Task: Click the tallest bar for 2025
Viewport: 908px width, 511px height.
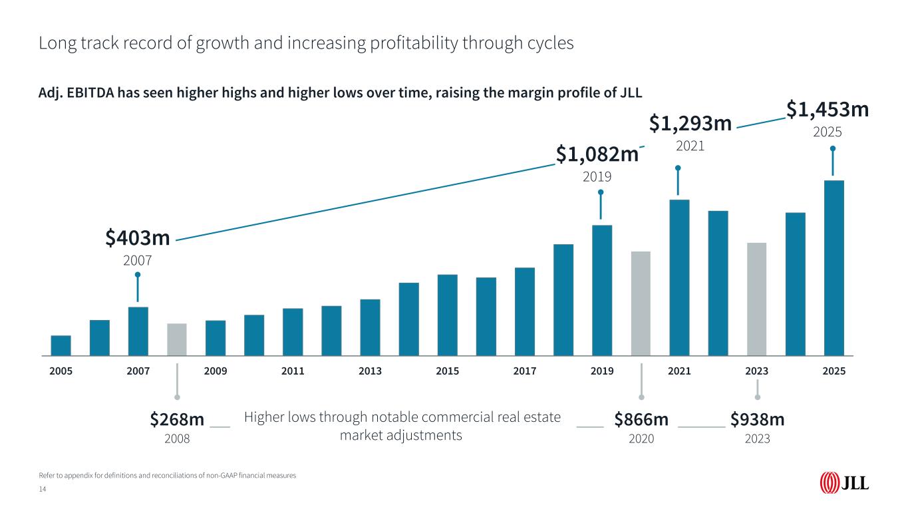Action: pyautogui.click(x=834, y=268)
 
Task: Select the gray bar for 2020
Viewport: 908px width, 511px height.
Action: pyautogui.click(x=641, y=303)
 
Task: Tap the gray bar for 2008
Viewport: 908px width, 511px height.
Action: pyautogui.click(x=177, y=339)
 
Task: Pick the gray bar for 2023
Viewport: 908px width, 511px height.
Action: pyautogui.click(x=757, y=299)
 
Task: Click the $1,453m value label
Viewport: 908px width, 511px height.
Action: pyautogui.click(x=828, y=110)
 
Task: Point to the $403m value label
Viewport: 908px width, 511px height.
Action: pyautogui.click(x=138, y=238)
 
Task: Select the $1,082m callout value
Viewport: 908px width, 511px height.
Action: pyautogui.click(x=597, y=154)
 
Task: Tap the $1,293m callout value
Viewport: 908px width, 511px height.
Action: pyautogui.click(x=690, y=123)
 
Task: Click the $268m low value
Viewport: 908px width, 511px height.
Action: pyautogui.click(x=177, y=420)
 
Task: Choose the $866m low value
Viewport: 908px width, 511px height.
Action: pyautogui.click(x=641, y=420)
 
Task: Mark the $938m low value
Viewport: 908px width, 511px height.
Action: pyautogui.click(x=758, y=420)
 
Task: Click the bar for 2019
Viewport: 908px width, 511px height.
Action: pyautogui.click(x=602, y=290)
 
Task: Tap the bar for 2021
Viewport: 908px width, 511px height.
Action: pyautogui.click(x=679, y=277)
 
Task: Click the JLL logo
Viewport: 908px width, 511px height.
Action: pyautogui.click(x=844, y=484)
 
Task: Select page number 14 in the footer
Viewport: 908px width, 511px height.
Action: pyautogui.click(x=43, y=490)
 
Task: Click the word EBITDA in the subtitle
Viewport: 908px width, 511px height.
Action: pyautogui.click(x=90, y=93)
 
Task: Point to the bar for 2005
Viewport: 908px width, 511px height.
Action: pyautogui.click(x=61, y=345)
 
